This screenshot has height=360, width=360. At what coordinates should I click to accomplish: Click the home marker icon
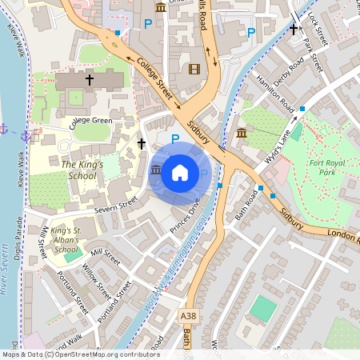tap(180, 172)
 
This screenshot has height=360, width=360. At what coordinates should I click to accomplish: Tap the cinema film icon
tap(193, 69)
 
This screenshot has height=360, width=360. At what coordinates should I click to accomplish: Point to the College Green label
tap(90, 122)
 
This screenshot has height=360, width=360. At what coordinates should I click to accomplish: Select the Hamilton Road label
tap(275, 93)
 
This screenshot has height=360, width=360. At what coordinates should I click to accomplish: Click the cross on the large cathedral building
tap(90, 80)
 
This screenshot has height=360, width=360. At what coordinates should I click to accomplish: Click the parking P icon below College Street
tap(175, 138)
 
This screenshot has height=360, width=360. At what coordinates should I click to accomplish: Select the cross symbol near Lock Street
tap(294, 29)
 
